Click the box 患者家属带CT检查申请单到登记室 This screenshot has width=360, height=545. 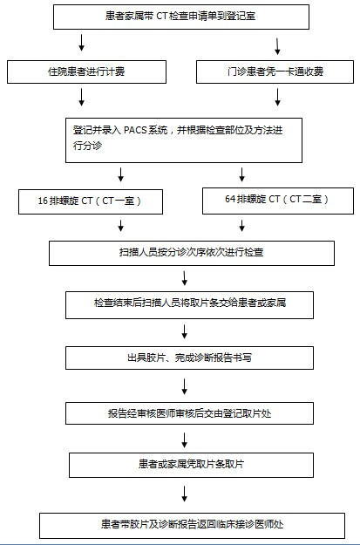pyautogui.click(x=181, y=17)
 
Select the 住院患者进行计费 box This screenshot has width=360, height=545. pyautogui.click(x=86, y=72)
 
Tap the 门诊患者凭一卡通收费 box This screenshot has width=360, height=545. pyautogui.click(x=275, y=72)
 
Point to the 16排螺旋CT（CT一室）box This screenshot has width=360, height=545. pyautogui.click(x=91, y=201)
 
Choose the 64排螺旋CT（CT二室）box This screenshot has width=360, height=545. pyautogui.click(x=278, y=201)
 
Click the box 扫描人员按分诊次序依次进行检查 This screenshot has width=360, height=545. pyautogui.click(x=192, y=253)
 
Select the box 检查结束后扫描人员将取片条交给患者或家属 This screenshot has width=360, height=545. pyautogui.click(x=189, y=305)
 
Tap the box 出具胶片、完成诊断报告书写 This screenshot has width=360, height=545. pyautogui.click(x=189, y=358)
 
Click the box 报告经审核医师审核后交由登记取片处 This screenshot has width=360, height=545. pyautogui.click(x=189, y=413)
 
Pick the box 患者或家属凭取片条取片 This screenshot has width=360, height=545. pyautogui.click(x=191, y=465)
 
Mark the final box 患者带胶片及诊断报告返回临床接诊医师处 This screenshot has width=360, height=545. pyautogui.click(x=192, y=526)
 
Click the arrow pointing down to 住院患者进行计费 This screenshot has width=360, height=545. pyautogui.click(x=82, y=43)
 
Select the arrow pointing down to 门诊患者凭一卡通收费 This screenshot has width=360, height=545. pyautogui.click(x=277, y=46)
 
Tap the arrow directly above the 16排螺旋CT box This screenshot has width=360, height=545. pyautogui.click(x=120, y=174)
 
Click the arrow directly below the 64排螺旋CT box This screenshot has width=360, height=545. pyautogui.click(x=241, y=225)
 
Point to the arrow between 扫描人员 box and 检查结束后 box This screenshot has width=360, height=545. pyautogui.click(x=185, y=278)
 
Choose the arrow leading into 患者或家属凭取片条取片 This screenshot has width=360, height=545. pyautogui.click(x=185, y=440)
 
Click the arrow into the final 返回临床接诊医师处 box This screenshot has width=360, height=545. pyautogui.click(x=185, y=494)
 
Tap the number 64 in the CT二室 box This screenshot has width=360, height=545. pyautogui.click(x=230, y=199)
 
